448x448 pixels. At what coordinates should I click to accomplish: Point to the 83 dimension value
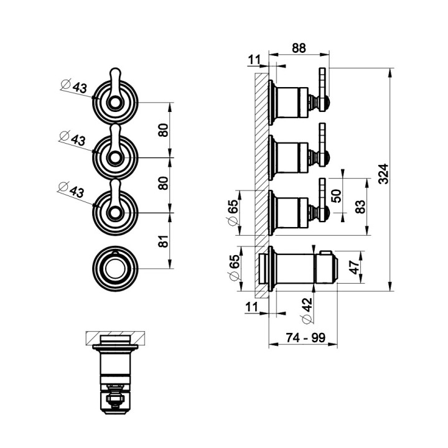pos(360,207)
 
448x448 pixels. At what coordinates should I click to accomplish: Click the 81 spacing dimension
pos(164,241)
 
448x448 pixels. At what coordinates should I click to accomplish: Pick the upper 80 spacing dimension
pos(164,129)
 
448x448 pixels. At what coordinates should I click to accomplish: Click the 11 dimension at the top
pos(253,60)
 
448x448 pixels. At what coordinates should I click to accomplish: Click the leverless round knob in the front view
pos(115,268)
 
